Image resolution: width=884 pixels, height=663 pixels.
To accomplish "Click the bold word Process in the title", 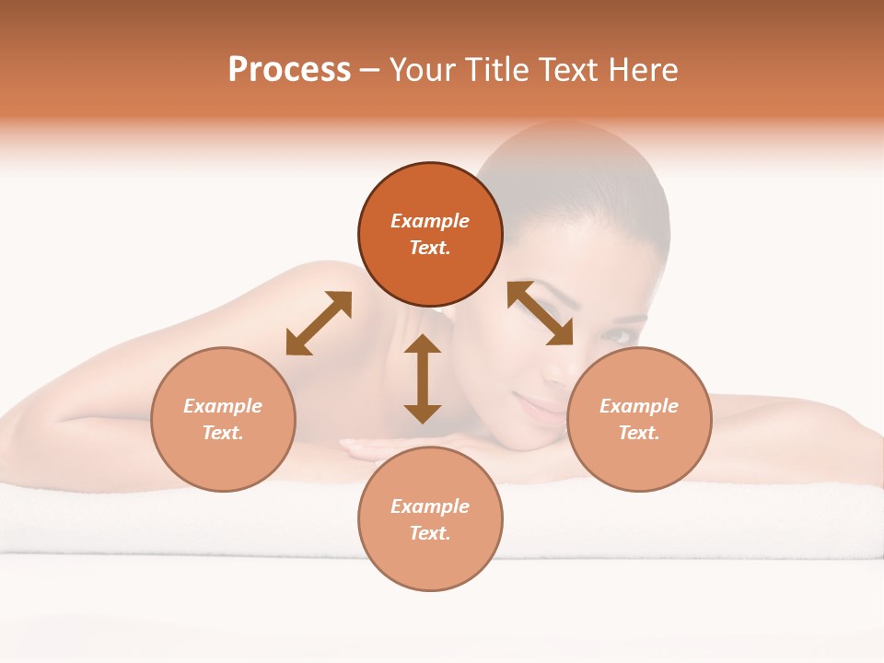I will point(289,70).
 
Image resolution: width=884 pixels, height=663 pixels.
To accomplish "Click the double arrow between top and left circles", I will point(319,323).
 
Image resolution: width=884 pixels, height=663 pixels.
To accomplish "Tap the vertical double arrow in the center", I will point(423,378).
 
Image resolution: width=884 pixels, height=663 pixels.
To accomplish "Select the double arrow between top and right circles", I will point(540,313).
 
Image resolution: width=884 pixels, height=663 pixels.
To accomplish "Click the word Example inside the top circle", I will point(430,221).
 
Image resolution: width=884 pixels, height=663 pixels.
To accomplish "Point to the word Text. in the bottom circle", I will point(430,533).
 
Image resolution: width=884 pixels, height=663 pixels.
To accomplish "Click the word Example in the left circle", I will point(223,406).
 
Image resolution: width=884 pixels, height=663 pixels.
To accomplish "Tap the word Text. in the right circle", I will point(639,433).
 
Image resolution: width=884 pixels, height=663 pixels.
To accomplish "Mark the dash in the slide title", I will point(370,70).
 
